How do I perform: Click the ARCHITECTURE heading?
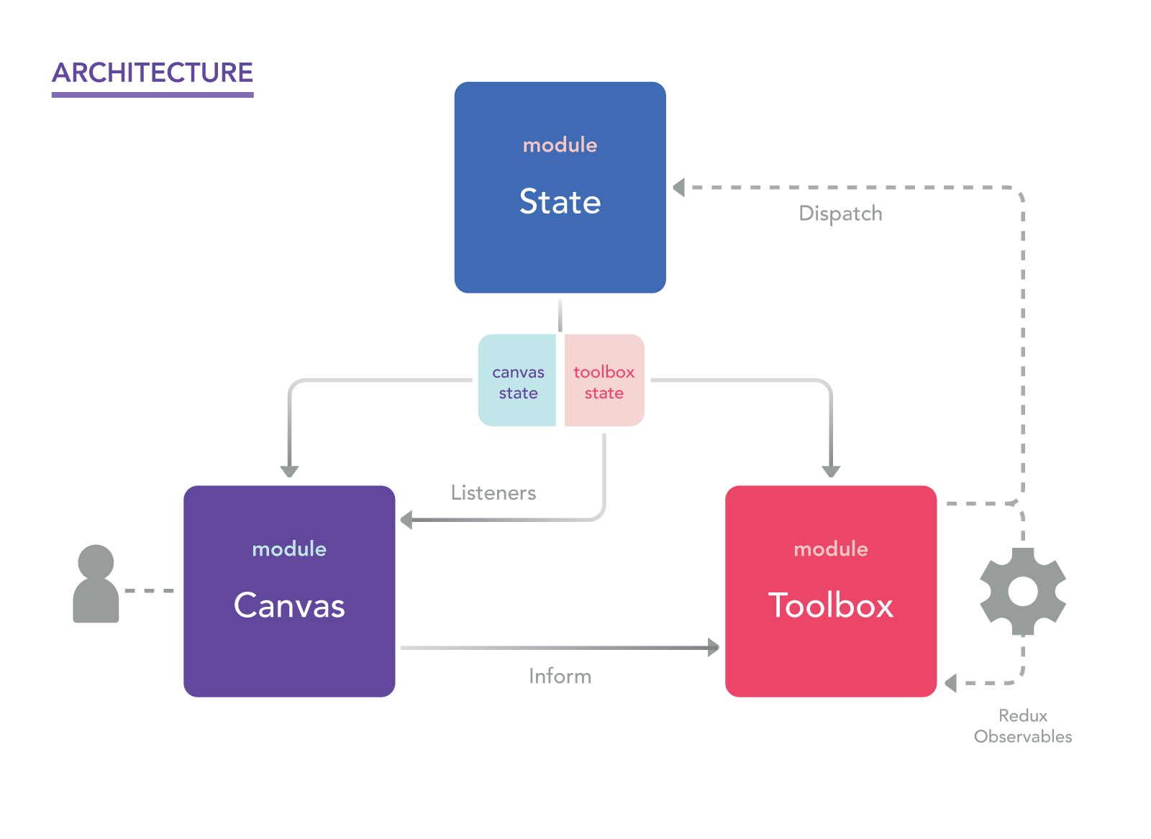pos(153,73)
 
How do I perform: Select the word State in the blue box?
pos(560,202)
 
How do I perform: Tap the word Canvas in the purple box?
pos(289,606)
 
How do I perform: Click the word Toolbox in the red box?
pos(831,606)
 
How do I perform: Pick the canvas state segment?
pos(518,382)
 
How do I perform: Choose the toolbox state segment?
pos(604,382)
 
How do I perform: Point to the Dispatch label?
pos(840,214)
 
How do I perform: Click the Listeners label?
pos(493,493)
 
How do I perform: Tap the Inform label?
pos(560,677)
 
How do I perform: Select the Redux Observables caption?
pos(1023,726)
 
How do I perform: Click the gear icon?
pos(1023,592)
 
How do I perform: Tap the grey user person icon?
pos(96,584)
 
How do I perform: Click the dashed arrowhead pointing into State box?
pos(678,188)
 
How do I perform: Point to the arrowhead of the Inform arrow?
pos(713,648)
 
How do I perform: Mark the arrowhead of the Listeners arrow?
pos(406,519)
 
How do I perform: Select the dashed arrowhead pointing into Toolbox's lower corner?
pos(950,683)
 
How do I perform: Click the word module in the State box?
pos(560,145)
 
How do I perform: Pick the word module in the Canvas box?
pos(289,549)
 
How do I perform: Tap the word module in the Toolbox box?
pos(831,549)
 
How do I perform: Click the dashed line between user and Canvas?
pos(150,591)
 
